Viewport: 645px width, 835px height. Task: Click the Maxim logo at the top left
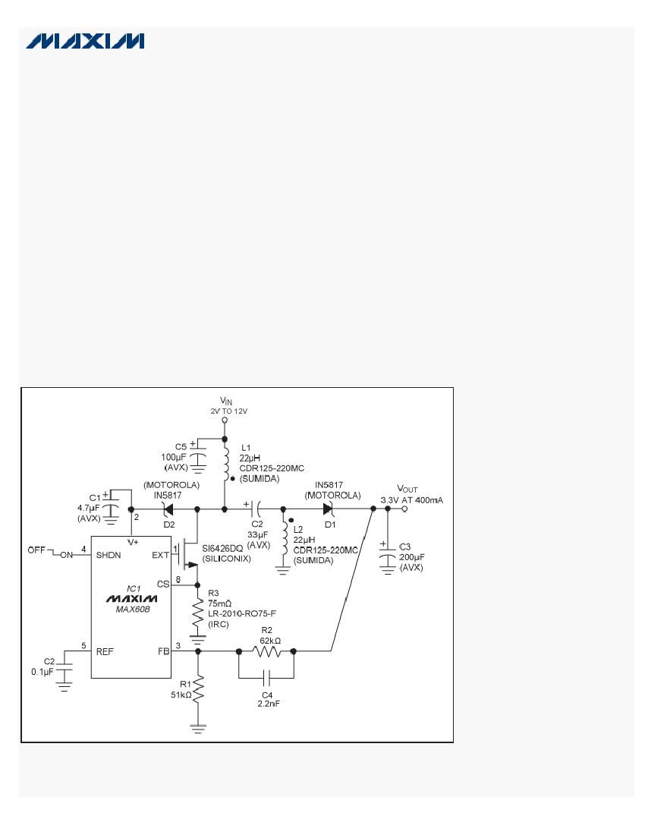pos(85,41)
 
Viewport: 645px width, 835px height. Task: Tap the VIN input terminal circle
pos(225,421)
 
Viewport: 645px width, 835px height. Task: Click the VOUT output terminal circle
pos(404,509)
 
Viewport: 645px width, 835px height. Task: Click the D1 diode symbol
pos(329,509)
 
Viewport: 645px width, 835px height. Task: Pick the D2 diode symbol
pos(168,509)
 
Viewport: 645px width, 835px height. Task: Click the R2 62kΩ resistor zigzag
pos(266,651)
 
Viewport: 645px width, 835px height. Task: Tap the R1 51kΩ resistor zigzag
pos(199,689)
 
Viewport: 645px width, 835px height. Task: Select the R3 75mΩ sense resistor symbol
pos(198,612)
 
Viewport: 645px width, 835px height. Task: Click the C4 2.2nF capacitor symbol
pos(266,679)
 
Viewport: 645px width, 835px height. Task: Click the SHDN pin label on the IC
pos(109,556)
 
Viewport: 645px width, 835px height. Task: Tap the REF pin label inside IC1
pos(104,652)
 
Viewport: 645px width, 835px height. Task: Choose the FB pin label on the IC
pos(163,651)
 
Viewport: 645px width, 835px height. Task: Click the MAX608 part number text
pos(133,610)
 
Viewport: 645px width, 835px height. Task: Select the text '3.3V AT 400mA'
pos(412,500)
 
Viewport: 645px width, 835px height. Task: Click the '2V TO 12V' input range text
pos(229,411)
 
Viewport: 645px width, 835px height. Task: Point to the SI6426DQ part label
pos(222,549)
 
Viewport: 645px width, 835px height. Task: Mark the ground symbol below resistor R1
pos(199,729)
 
